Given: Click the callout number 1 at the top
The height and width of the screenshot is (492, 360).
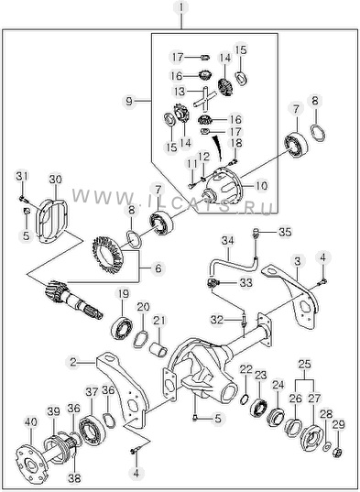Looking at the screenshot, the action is (181, 8).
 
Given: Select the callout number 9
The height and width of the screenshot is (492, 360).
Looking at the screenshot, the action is (129, 102).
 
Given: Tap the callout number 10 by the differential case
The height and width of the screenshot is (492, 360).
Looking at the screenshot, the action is (261, 185).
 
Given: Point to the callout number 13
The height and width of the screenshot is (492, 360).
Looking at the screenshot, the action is (180, 92).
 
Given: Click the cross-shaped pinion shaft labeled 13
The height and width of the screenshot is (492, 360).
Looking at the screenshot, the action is (205, 99).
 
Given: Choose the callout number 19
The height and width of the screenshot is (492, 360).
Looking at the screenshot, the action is (124, 294).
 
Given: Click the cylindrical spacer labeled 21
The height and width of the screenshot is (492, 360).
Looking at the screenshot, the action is (158, 350).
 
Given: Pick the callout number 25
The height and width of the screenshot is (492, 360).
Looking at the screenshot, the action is (304, 365).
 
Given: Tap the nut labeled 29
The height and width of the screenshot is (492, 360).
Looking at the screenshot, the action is (338, 453).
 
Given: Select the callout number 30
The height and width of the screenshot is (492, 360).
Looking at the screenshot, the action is (56, 180).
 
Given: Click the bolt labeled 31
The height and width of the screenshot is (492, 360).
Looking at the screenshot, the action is (24, 199).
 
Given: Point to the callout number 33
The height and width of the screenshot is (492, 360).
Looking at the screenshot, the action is (245, 283).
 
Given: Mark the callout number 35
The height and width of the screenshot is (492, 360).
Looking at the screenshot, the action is (285, 233).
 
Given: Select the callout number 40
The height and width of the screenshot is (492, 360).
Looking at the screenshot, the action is (30, 422).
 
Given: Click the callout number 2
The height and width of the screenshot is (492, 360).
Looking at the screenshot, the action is (72, 363).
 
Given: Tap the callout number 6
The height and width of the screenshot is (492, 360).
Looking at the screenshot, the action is (158, 268).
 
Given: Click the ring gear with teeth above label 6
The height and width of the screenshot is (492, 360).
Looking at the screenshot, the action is (107, 255).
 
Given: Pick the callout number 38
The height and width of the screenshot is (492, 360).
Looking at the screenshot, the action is (74, 478).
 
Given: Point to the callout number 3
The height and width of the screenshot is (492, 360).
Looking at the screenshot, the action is (298, 261).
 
